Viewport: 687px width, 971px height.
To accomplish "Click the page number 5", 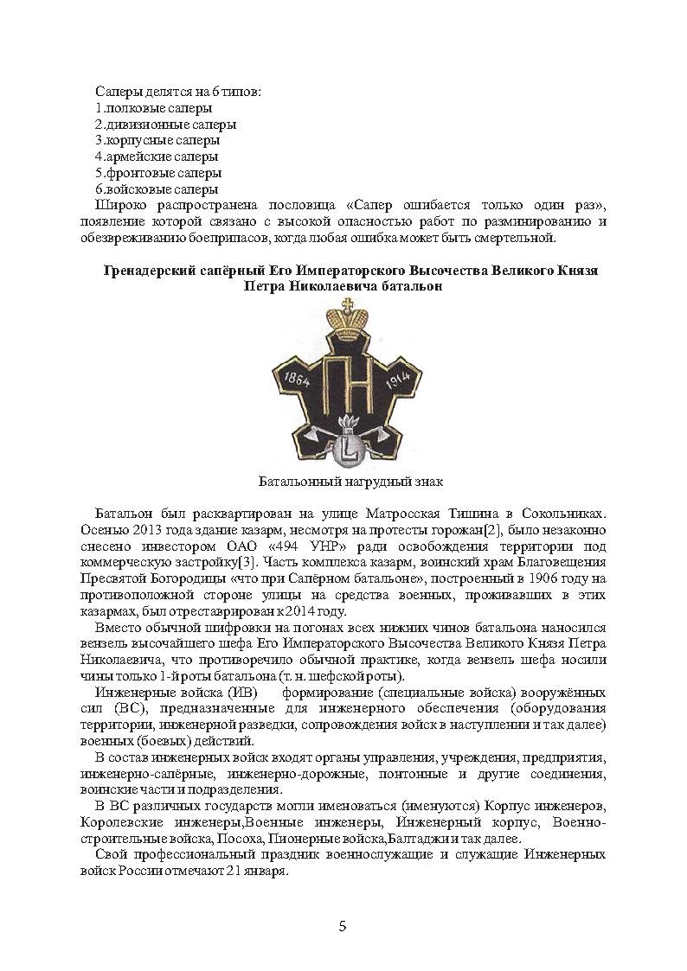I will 343,926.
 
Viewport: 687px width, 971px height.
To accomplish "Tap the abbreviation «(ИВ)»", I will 248,693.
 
